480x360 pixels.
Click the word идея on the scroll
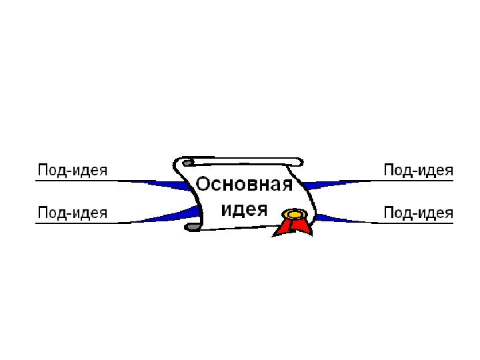(x=244, y=209)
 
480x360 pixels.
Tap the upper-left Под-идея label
(x=72, y=170)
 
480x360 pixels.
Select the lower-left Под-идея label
(x=72, y=213)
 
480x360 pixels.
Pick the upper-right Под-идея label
(x=418, y=170)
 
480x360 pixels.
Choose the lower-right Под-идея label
(x=418, y=213)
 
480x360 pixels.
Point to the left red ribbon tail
(x=283, y=227)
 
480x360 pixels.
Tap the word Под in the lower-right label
(x=396, y=213)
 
